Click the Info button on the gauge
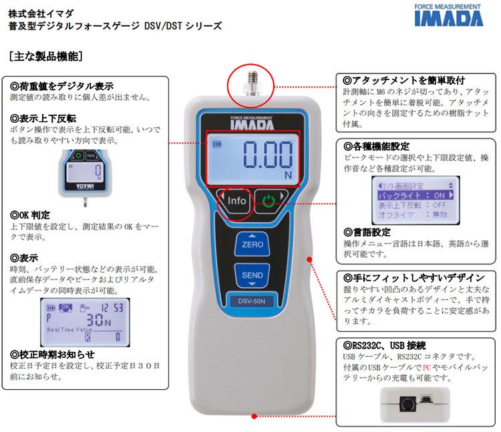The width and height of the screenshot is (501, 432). tap(236, 200)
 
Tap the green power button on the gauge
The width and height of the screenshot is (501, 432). tap(269, 200)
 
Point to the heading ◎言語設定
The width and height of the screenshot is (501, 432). tap(367, 232)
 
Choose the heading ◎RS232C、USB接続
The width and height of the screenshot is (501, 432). tap(383, 345)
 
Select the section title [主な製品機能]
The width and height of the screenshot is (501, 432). tap(46, 57)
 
